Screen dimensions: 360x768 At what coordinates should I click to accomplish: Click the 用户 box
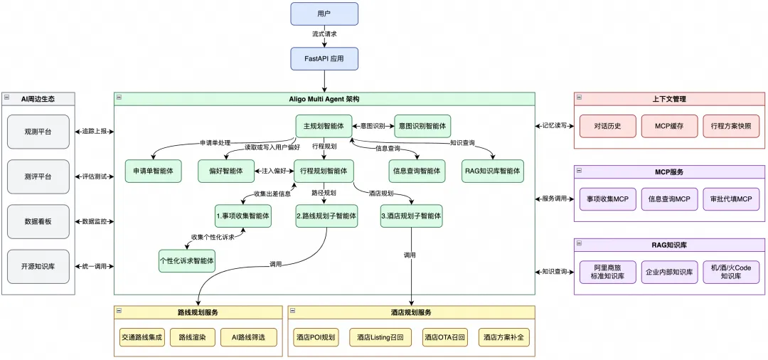coord(324,14)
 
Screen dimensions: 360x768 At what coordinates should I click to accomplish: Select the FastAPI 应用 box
coord(324,58)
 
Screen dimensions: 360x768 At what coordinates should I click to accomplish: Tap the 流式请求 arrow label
coord(324,34)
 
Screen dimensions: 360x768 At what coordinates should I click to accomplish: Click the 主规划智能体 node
coord(324,126)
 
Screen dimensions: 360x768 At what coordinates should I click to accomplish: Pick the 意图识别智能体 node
coord(422,126)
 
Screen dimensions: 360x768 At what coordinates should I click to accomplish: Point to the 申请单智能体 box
coord(153,171)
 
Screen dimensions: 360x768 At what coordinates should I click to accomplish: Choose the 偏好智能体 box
coord(225,171)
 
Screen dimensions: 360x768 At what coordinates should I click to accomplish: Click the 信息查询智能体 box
coord(417,171)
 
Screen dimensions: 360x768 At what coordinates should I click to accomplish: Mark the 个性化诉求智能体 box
coord(187,260)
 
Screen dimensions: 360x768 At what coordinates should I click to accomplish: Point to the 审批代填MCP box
coord(731,198)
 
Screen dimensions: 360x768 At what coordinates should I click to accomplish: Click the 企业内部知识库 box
coord(669,272)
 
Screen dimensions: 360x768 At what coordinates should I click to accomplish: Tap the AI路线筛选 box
coord(247,337)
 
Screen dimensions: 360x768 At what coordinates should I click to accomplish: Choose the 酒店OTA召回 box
coord(444,337)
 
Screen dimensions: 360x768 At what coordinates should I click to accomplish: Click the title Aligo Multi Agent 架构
coord(324,98)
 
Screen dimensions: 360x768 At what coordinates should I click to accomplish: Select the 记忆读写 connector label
coord(555,126)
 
